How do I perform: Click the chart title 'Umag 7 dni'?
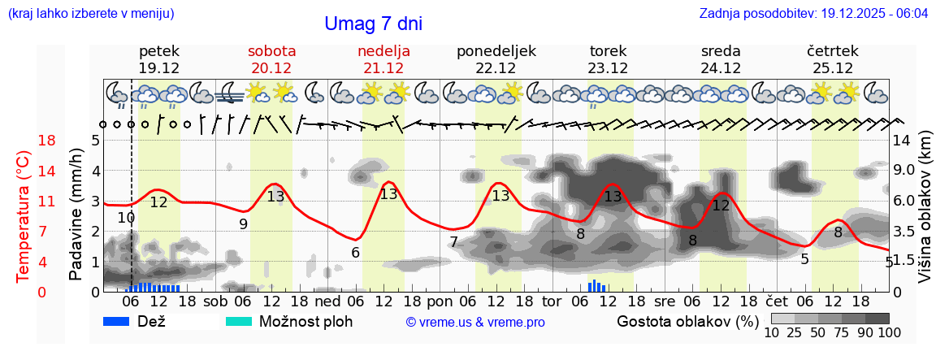tap(373, 24)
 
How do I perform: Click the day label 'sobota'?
tap(271, 51)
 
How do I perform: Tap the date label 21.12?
tap(383, 68)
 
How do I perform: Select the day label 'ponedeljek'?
tap(496, 51)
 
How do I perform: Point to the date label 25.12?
tap(833, 68)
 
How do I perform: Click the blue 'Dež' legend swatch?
tap(118, 321)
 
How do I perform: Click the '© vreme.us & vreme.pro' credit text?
tap(475, 322)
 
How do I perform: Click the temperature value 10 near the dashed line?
tap(126, 218)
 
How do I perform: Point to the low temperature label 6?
tap(356, 252)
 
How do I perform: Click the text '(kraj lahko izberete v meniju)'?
tap(90, 14)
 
